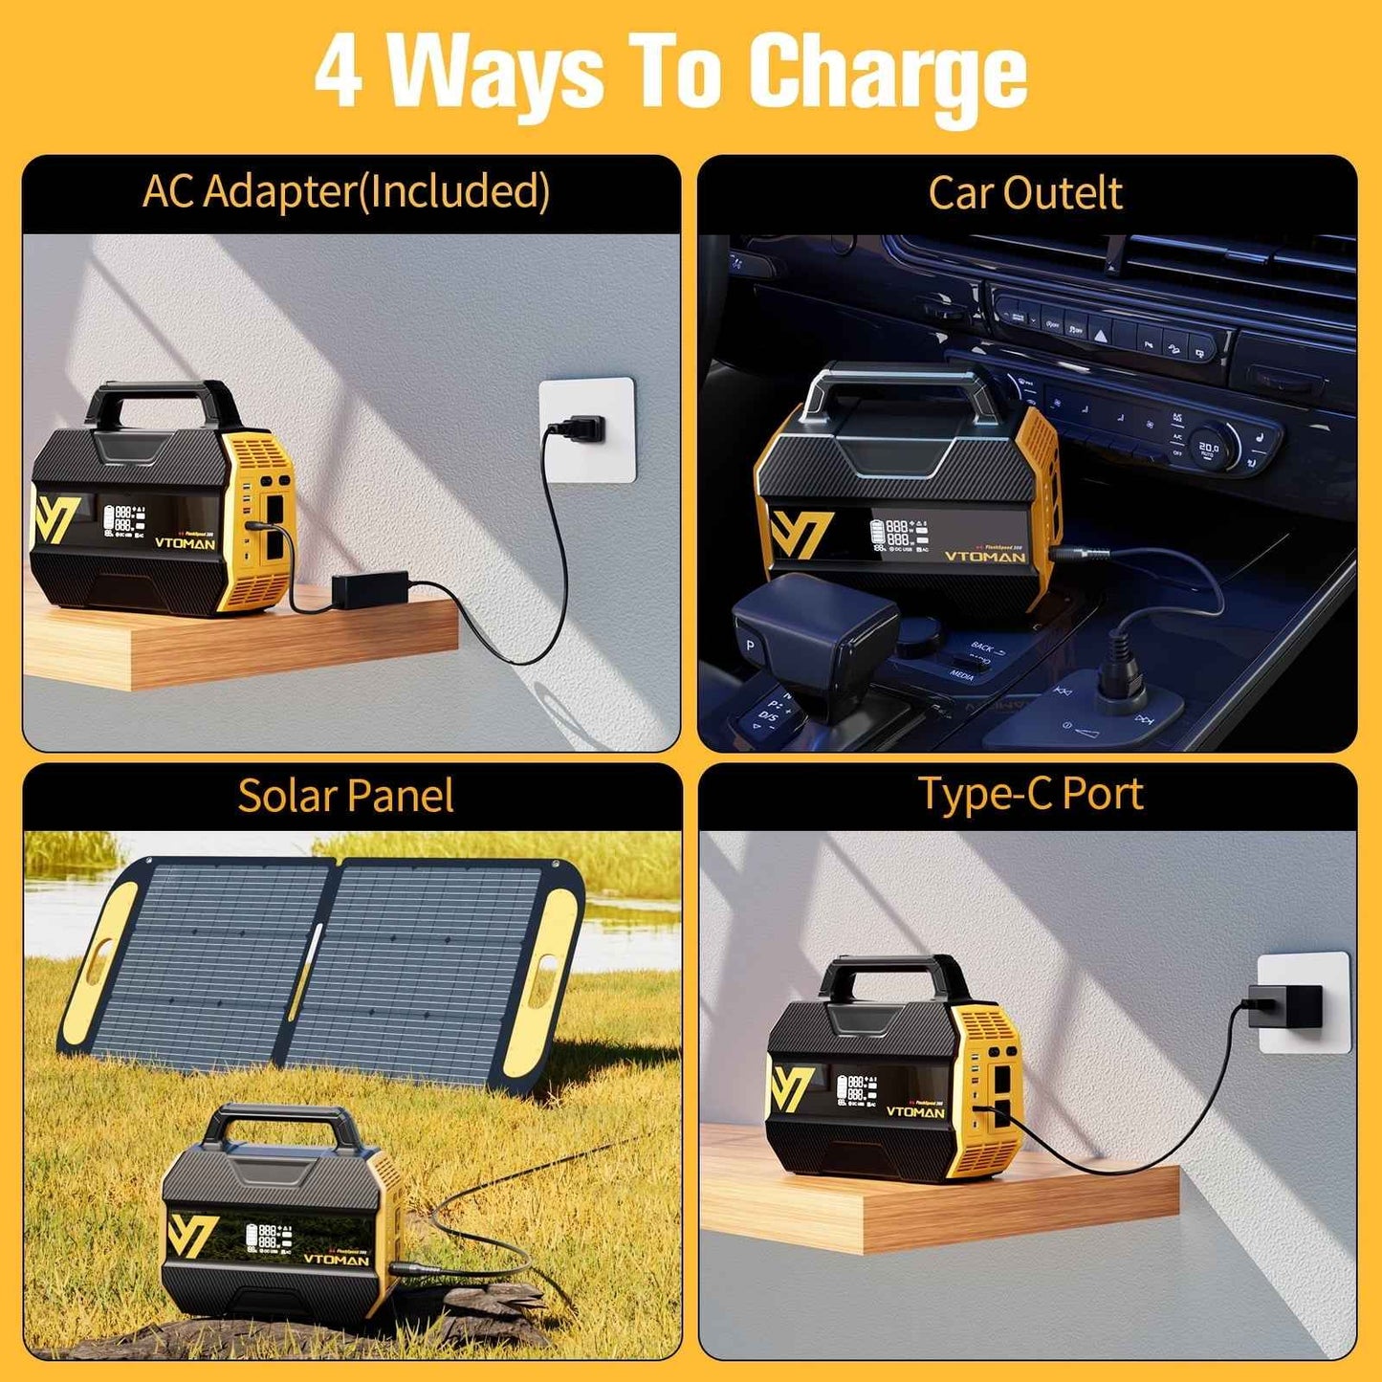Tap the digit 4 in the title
point(340,72)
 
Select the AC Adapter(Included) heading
point(346,191)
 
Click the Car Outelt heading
point(1024,193)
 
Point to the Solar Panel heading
point(345,796)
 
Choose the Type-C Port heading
point(1030,794)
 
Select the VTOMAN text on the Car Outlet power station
point(984,557)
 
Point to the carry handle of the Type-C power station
point(894,975)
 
